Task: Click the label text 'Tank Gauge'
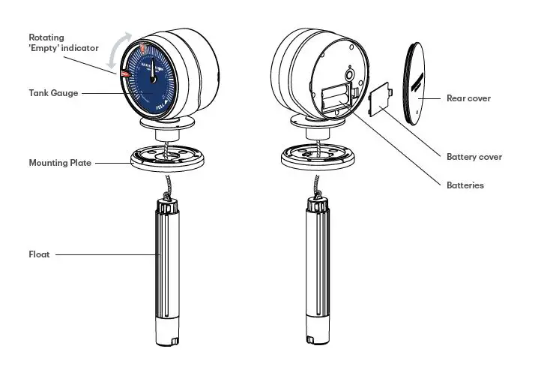pos(49,93)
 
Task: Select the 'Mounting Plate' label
pos(60,162)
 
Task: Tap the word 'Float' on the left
pos(40,254)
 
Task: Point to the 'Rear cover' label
pos(468,98)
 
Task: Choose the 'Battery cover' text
pos(474,157)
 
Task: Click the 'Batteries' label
pos(465,185)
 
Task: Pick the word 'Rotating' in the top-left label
pos(46,37)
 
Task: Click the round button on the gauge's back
pos(349,75)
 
